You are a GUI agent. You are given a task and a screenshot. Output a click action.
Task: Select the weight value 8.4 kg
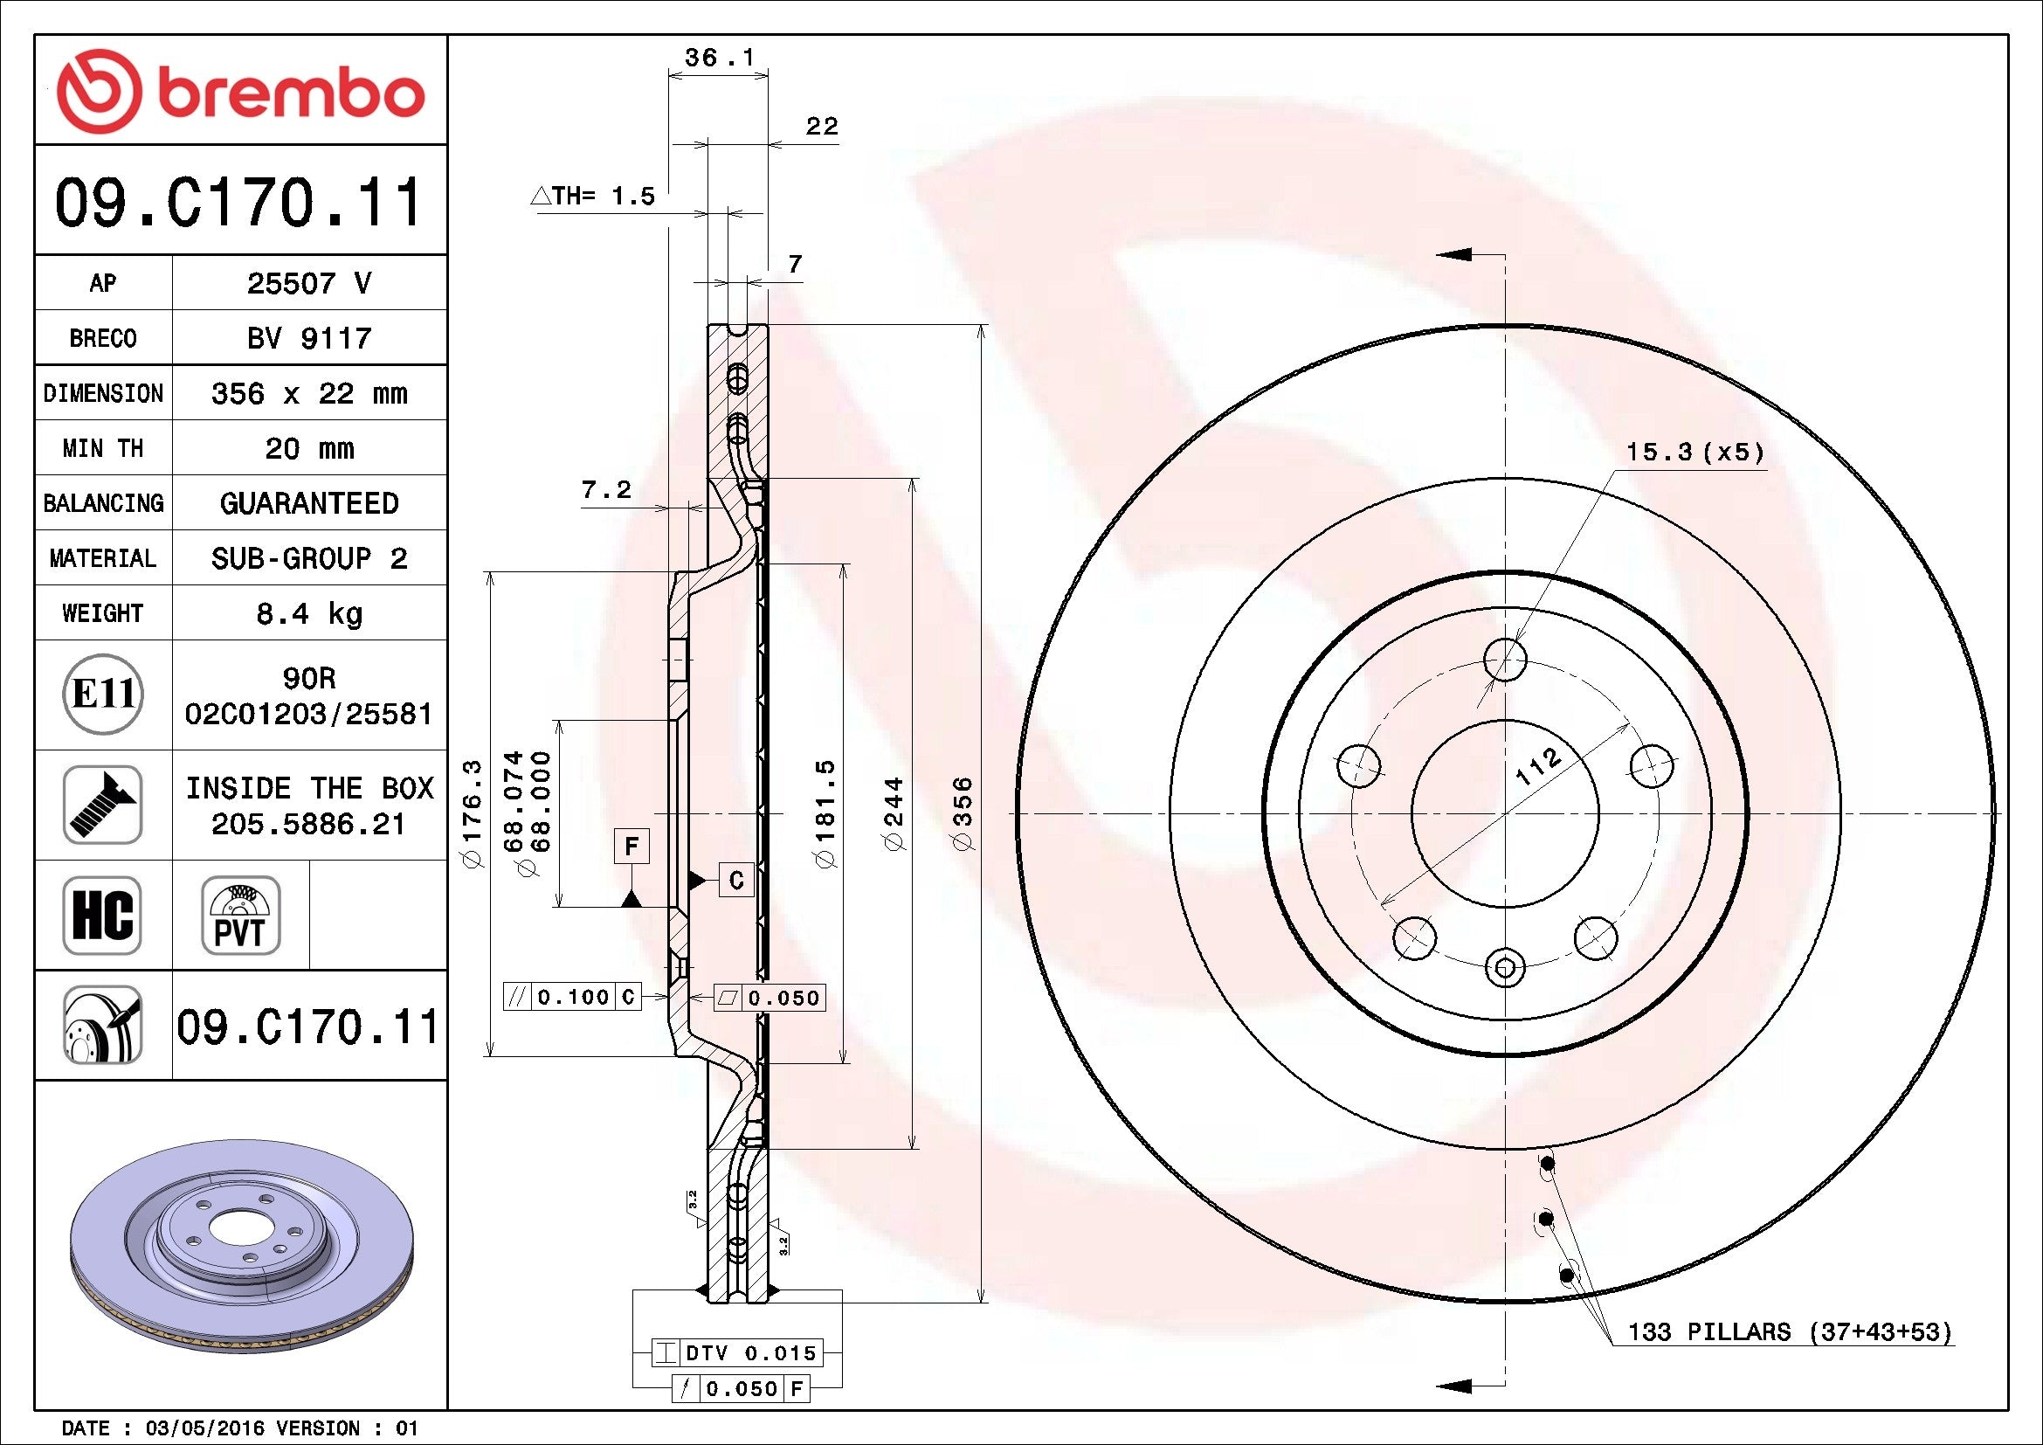click(x=308, y=613)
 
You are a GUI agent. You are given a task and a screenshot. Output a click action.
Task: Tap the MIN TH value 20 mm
click(x=308, y=448)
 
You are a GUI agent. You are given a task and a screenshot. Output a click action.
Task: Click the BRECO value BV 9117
click(x=308, y=338)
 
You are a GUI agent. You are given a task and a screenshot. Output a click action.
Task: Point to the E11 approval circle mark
click(x=103, y=695)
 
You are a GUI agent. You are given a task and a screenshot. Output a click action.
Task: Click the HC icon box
click(x=102, y=915)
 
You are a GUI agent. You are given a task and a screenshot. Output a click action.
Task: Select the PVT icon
click(x=240, y=915)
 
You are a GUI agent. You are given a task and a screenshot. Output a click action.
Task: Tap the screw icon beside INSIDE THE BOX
click(x=102, y=805)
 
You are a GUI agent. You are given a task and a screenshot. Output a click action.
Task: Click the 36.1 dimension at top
click(x=718, y=58)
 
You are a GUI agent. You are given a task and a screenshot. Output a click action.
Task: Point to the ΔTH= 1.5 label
click(x=593, y=196)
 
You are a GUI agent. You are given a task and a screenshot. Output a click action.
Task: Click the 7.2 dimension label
click(x=606, y=489)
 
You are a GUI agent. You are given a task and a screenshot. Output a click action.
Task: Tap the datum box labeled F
click(x=632, y=846)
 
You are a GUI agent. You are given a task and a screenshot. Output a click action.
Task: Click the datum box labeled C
click(x=735, y=880)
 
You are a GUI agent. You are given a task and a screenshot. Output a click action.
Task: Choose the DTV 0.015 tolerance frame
click(x=737, y=1353)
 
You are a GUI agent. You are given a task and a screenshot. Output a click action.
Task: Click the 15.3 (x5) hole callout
click(x=1694, y=452)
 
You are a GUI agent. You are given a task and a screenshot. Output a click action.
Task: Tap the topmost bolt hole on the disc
click(x=1505, y=660)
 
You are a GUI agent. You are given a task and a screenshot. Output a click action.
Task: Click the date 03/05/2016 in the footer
click(x=204, y=1428)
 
